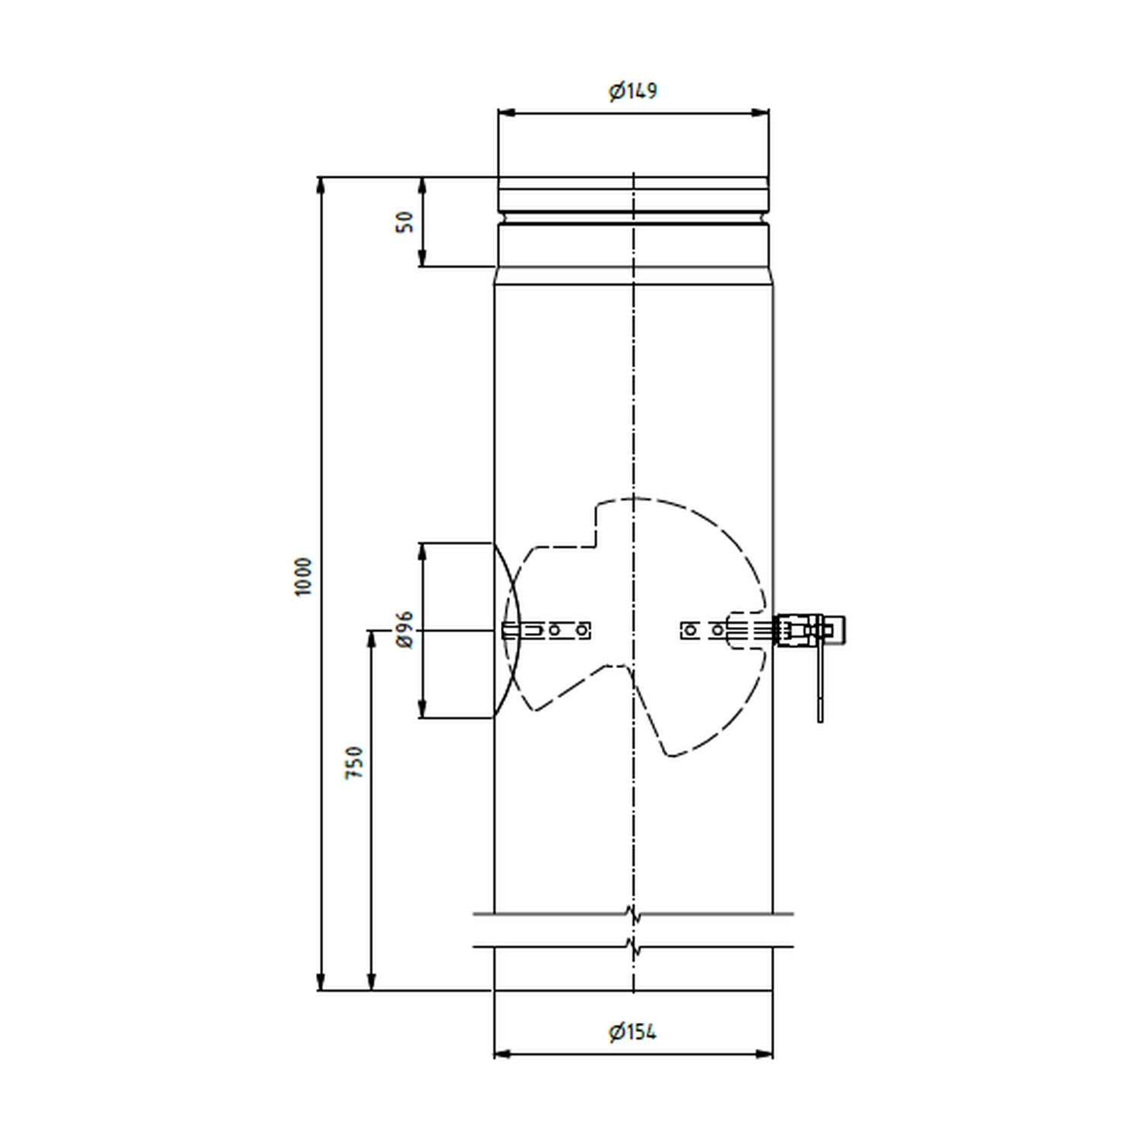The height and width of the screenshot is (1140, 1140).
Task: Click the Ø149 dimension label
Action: [x=632, y=91]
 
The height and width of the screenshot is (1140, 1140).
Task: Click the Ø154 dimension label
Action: [x=632, y=1032]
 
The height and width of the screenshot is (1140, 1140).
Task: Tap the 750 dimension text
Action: [x=355, y=762]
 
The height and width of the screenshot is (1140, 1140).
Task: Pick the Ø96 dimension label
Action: [x=404, y=629]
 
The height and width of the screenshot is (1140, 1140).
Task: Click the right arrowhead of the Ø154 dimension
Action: [x=763, y=1054]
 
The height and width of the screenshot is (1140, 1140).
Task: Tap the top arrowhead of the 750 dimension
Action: [x=372, y=640]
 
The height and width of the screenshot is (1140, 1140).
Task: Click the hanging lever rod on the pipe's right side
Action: [x=820, y=684]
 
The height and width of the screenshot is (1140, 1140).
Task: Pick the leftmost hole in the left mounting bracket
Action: [x=556, y=630]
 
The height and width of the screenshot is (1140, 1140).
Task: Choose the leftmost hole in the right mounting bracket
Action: [x=690, y=630]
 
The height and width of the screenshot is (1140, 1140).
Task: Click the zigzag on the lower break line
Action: [x=633, y=947]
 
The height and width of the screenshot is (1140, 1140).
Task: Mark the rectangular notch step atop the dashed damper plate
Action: [x=595, y=524]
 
